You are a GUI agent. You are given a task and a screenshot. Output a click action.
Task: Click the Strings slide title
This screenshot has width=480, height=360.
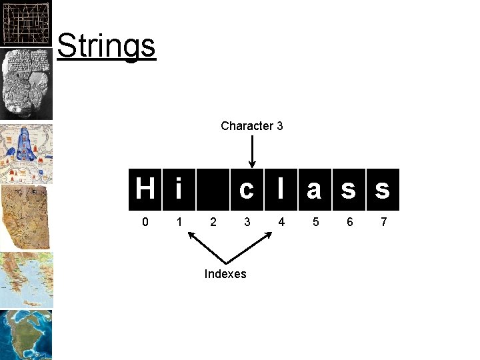[x=106, y=45]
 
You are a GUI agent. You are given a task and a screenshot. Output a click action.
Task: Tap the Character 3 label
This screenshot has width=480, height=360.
[x=251, y=126]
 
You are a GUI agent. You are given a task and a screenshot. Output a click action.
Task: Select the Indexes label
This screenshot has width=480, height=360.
[x=225, y=274]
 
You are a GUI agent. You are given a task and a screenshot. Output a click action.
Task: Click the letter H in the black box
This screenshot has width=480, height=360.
[x=145, y=189]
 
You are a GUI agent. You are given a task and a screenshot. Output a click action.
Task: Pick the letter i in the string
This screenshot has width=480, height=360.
[x=178, y=189]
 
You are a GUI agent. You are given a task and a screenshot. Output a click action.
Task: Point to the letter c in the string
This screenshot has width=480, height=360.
[x=247, y=190]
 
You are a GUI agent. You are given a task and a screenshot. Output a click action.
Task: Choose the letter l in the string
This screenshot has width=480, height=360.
[x=281, y=189]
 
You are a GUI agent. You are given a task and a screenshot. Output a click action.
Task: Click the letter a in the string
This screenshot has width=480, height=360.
[x=315, y=190]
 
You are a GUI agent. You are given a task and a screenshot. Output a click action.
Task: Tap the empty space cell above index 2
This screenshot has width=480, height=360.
[x=213, y=189]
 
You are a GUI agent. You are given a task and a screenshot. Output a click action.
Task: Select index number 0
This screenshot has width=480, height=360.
[x=145, y=221]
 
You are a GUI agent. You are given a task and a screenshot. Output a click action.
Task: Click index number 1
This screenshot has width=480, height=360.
[x=178, y=221]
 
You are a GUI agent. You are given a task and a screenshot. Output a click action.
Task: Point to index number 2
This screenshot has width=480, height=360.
[x=213, y=221]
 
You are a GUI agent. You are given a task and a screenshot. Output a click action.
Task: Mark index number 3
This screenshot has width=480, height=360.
[x=247, y=221]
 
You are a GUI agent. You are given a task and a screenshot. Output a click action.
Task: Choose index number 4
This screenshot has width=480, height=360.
[x=281, y=221]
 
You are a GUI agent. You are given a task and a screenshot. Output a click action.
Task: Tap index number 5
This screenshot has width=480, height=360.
[x=315, y=221]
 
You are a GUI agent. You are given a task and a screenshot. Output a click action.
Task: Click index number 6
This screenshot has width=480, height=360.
[x=349, y=221]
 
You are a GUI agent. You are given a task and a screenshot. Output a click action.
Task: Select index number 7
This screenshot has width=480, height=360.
[x=383, y=221]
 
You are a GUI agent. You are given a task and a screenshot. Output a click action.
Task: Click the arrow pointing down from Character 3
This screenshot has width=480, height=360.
[x=251, y=151]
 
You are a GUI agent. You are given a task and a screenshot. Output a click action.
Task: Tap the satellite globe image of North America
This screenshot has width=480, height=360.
[x=27, y=334]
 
